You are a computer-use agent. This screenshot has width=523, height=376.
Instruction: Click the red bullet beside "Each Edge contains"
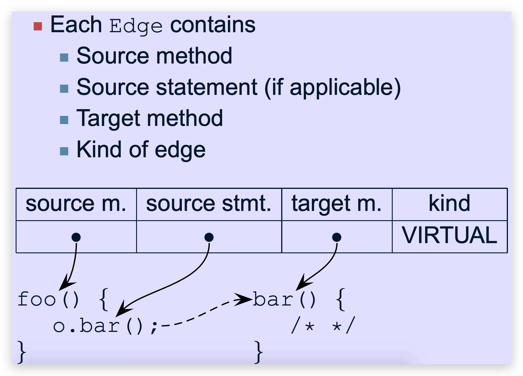[38, 26]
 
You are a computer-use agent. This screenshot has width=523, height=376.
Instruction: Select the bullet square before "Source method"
[64, 57]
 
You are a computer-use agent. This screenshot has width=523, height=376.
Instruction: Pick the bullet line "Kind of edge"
[141, 150]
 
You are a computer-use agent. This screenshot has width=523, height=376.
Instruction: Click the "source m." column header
[76, 204]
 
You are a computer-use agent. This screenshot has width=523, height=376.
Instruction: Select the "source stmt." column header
[209, 204]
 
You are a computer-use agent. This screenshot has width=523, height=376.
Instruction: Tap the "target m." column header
[337, 204]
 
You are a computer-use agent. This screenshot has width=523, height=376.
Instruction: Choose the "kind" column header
[449, 204]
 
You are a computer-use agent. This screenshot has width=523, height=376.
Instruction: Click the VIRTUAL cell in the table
[449, 235]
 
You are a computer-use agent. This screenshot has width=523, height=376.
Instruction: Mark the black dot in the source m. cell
[76, 237]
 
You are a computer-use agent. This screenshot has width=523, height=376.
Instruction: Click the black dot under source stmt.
[209, 237]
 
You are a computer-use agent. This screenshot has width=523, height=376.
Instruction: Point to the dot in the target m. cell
[337, 237]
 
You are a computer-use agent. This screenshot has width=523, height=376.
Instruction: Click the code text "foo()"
[48, 299]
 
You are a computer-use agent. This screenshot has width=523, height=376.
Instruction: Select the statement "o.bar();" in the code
[105, 326]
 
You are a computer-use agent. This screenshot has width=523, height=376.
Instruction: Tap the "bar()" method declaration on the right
[284, 299]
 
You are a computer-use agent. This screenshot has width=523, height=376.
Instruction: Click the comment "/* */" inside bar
[323, 326]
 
